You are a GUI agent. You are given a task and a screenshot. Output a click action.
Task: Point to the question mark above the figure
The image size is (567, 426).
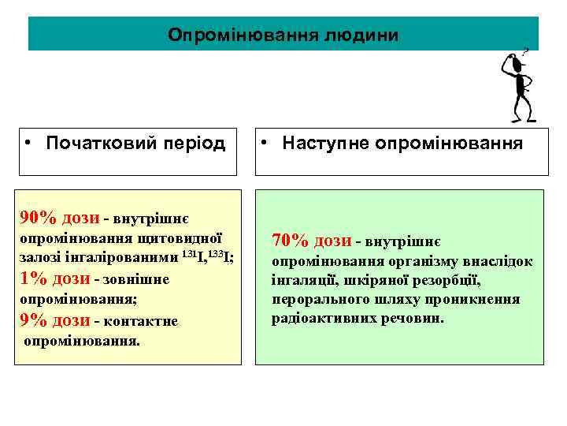pos(525,49)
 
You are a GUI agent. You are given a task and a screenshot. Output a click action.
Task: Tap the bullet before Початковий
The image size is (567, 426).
pos(28,144)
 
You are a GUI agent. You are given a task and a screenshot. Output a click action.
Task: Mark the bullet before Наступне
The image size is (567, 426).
pos(267,144)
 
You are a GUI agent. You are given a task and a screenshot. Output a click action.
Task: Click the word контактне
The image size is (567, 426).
pos(145,322)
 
